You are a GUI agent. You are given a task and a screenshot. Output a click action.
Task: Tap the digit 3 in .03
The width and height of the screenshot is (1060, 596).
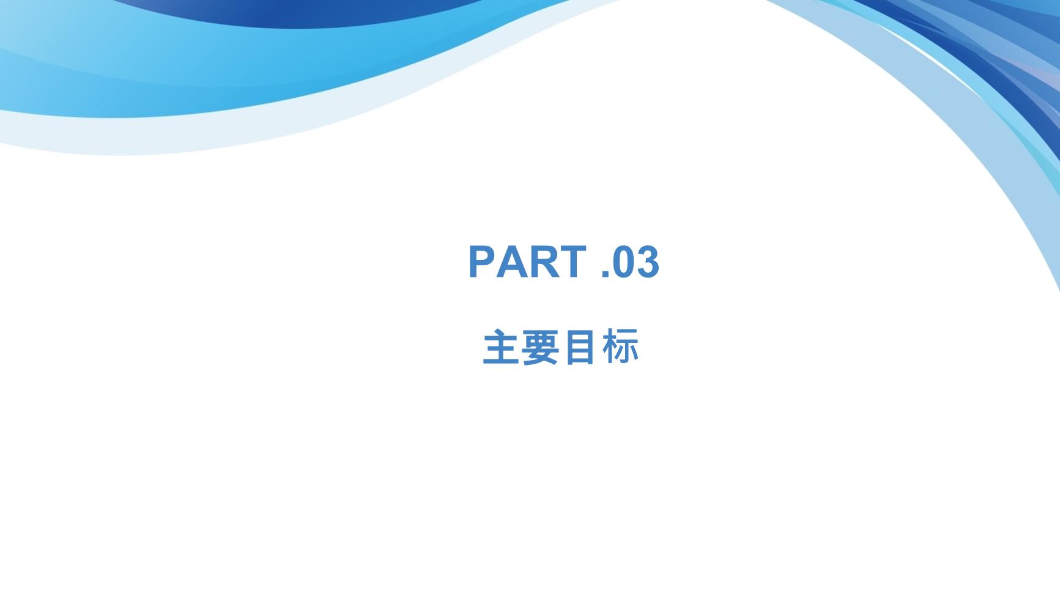coord(648,262)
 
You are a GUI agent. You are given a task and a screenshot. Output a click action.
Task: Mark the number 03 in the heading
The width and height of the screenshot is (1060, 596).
coord(636,262)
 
